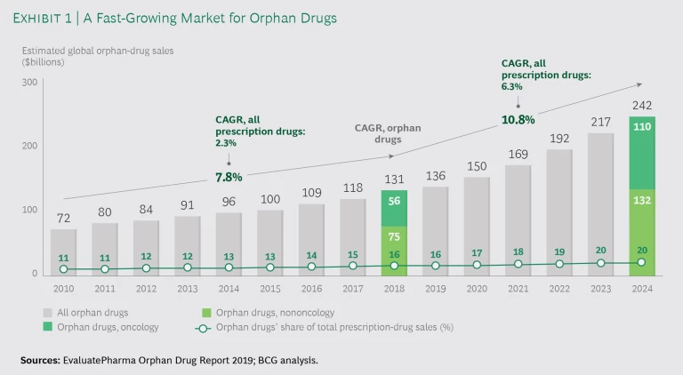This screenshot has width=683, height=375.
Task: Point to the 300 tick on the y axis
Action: pos(30,82)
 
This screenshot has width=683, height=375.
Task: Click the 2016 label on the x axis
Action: pos(311,288)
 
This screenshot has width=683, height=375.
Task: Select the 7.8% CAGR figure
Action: pos(229,176)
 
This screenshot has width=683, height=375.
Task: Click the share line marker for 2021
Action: pos(518,265)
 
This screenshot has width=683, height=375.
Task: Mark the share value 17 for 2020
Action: pos(477,252)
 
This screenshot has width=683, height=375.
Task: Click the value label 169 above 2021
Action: pos(518,154)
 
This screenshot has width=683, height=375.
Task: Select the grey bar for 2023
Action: pos(599,203)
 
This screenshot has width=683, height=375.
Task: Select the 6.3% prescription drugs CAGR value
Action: pos(511,87)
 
